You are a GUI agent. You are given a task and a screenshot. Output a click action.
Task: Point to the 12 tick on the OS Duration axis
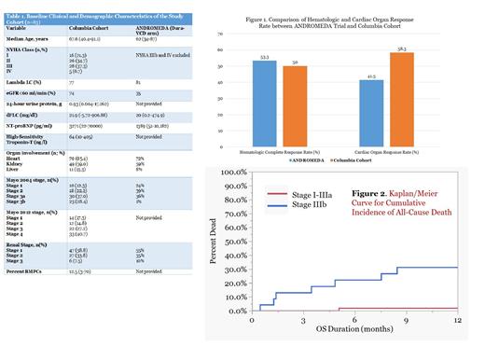point(456,322)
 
